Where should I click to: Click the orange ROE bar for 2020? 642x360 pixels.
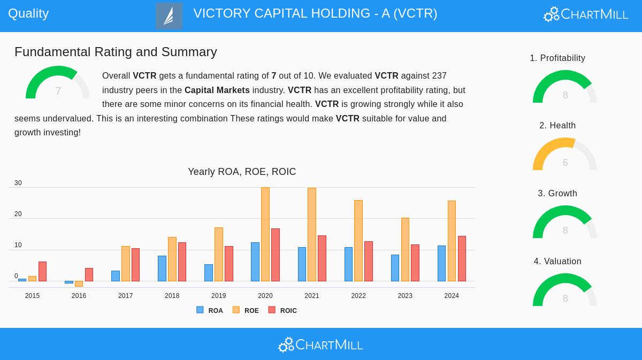click(x=265, y=234)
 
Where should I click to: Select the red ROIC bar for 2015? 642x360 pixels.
click(x=42, y=272)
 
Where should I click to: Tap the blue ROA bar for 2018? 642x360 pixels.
click(x=162, y=269)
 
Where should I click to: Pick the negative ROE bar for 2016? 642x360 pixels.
click(x=79, y=284)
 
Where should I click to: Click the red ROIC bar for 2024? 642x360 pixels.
click(x=462, y=259)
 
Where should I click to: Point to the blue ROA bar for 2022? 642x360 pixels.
click(x=348, y=264)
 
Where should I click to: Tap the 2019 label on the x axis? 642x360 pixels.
click(x=218, y=296)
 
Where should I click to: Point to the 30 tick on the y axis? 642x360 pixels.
click(x=18, y=183)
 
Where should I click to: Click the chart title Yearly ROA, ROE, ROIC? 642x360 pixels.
click(x=242, y=172)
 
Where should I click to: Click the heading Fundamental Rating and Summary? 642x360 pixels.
click(x=116, y=52)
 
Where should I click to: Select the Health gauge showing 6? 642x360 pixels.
click(x=564, y=155)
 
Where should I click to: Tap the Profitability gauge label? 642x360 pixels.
click(x=557, y=58)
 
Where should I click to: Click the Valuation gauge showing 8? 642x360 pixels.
click(x=564, y=291)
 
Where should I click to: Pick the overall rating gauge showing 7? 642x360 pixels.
click(x=58, y=83)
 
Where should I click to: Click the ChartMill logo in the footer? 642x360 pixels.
click(x=320, y=344)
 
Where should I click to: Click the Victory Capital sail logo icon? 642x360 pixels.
click(x=169, y=16)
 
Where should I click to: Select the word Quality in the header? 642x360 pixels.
click(x=28, y=13)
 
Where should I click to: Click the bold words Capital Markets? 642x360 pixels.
click(x=217, y=90)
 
